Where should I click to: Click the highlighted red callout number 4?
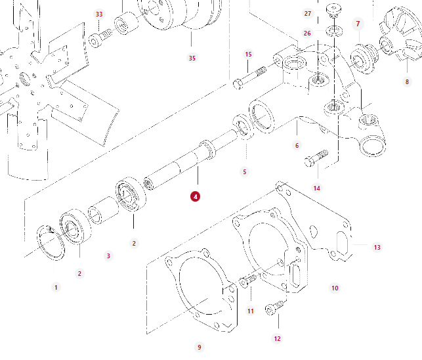195,196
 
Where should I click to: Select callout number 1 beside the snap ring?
56,287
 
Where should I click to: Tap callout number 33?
99,14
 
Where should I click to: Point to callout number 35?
192,58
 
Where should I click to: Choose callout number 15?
248,55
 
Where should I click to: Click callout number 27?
308,14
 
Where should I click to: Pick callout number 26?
307,33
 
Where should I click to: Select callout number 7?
358,24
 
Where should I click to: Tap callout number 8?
408,81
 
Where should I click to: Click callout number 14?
317,189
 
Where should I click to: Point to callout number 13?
377,248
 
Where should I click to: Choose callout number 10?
335,288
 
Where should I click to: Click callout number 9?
200,348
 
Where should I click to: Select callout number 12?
277,339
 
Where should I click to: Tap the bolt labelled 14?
316,158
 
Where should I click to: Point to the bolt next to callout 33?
98,39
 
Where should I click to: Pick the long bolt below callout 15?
249,78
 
